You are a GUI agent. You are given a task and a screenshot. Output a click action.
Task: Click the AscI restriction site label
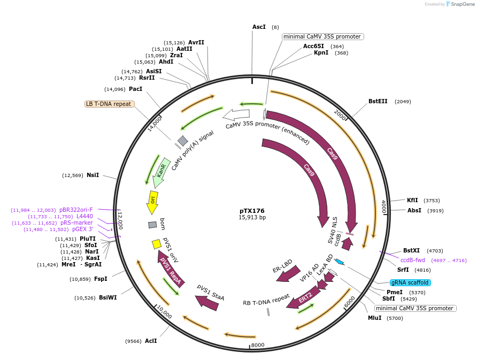tap(259, 27)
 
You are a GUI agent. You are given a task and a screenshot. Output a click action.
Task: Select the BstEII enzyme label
tap(378, 101)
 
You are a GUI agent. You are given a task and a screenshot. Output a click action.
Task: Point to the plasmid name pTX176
tap(252, 211)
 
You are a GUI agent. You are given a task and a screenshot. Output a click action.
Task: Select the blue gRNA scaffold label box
tap(410, 282)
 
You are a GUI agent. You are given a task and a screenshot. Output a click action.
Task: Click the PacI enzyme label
tap(135, 89)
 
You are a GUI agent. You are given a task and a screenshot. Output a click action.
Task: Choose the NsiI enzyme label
tap(93, 175)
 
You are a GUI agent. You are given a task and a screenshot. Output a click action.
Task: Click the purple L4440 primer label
tap(84, 216)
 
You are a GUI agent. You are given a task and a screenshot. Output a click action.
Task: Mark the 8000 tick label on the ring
tap(258, 345)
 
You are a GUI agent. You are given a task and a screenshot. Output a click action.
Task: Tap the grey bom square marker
tap(152, 225)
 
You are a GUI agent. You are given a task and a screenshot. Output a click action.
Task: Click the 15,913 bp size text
tap(252, 218)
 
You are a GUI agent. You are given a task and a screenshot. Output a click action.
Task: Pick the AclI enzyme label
tap(151, 341)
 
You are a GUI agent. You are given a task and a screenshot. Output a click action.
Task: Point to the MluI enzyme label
tap(374, 318)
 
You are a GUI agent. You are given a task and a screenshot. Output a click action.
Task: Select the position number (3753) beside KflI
tap(432, 201)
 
